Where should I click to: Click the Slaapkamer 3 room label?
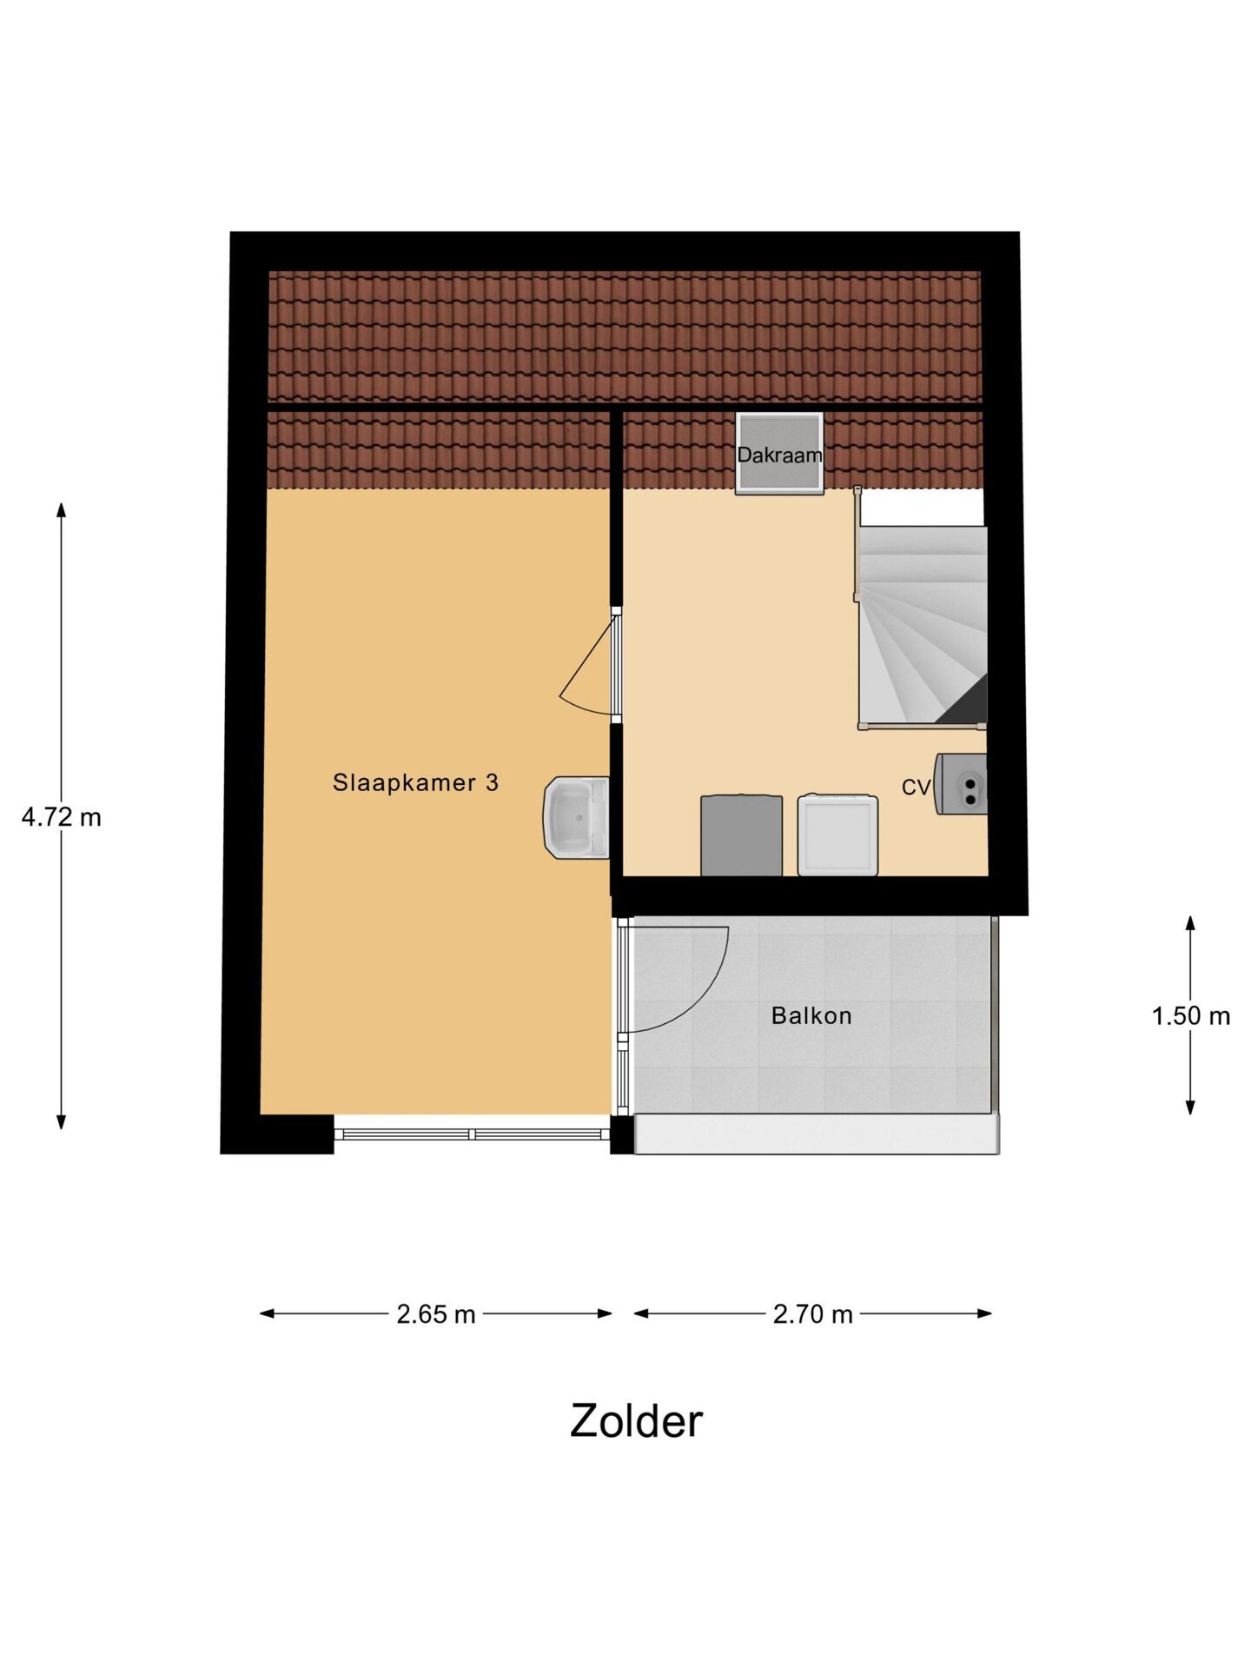coord(415,782)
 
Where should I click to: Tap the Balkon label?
coord(811,1015)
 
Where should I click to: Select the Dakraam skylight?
coord(779,454)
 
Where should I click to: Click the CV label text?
coord(916,788)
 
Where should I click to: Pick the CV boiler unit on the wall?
coord(962,784)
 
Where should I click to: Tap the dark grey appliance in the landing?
coord(741,835)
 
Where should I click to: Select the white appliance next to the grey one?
coord(837,834)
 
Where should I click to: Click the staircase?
coord(922,626)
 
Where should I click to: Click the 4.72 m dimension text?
coord(61,817)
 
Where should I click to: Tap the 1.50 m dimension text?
coord(1190,1015)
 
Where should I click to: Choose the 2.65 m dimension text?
coord(436,1314)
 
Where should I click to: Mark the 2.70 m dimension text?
coord(812,1314)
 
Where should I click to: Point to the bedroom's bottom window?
coord(472,1134)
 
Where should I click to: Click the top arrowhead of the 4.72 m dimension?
coord(61,509)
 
